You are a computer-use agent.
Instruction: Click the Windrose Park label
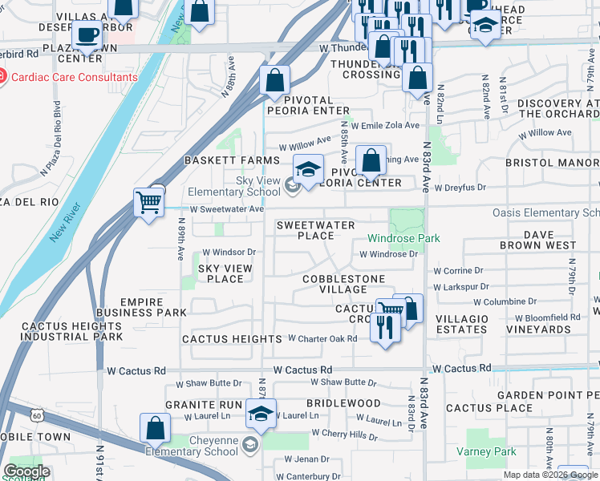click(x=404, y=238)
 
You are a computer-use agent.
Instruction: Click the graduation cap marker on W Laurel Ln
click(x=261, y=413)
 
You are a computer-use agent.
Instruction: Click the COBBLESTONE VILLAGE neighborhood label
click(x=343, y=284)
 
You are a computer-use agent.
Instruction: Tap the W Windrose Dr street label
click(x=388, y=254)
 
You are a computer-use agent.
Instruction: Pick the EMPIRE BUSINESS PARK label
click(x=141, y=307)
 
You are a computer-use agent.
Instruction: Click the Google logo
click(x=26, y=471)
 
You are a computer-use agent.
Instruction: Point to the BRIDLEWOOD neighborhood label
click(x=343, y=403)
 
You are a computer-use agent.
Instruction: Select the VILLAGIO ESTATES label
click(x=462, y=324)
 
